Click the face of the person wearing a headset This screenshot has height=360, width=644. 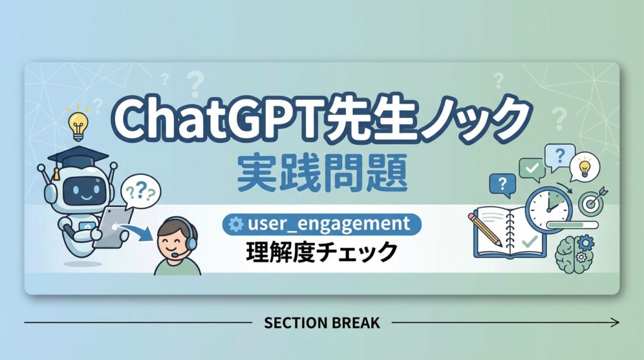tap(174, 239)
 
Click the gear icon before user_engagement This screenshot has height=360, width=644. tap(236, 223)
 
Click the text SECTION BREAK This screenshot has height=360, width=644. tap(321, 323)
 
